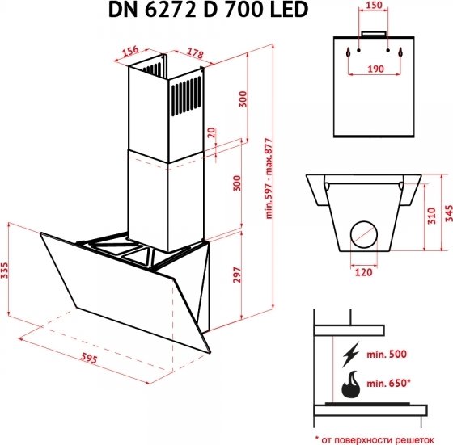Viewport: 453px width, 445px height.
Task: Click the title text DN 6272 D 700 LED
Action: click(209, 10)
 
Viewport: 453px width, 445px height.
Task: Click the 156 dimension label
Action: click(130, 52)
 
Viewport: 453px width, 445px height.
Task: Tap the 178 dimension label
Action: click(195, 53)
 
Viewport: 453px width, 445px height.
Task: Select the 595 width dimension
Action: click(89, 358)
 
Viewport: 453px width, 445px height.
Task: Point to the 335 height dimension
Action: click(5, 271)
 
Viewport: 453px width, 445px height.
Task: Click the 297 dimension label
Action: click(236, 275)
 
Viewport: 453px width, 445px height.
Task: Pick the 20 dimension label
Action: click(211, 132)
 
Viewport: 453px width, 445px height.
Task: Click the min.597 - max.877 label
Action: click(269, 178)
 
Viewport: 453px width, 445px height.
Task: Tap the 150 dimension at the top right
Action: click(374, 5)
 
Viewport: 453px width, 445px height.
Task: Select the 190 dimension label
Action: click(375, 69)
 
